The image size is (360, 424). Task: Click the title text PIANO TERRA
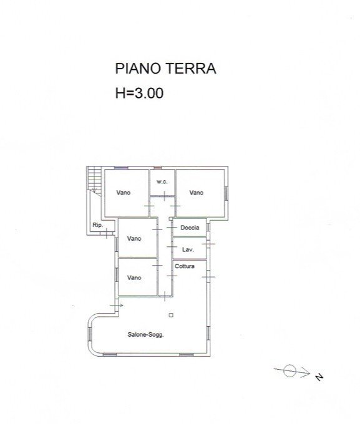click(165, 69)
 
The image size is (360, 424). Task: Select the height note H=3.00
click(139, 94)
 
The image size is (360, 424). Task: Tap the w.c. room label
click(162, 181)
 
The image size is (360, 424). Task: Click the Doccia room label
click(190, 228)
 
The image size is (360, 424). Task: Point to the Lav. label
click(187, 249)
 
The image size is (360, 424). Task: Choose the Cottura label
click(185, 266)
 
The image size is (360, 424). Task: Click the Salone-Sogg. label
click(145, 334)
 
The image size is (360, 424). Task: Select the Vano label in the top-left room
click(124, 193)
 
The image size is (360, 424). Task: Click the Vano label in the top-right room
click(197, 193)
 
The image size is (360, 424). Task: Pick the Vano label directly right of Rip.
click(134, 239)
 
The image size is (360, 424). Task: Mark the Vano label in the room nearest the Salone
click(134, 277)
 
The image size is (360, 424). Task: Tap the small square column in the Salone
click(170, 315)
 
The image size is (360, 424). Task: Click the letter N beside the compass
click(319, 377)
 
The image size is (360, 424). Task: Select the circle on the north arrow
click(289, 372)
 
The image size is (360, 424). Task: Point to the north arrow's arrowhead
click(306, 373)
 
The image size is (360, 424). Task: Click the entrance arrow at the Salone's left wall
click(119, 305)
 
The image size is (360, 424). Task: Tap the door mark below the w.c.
click(164, 196)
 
